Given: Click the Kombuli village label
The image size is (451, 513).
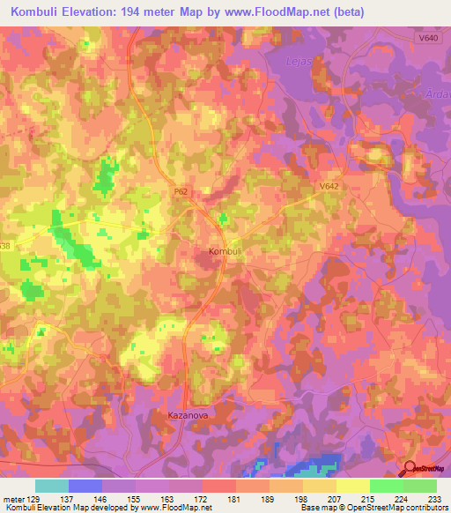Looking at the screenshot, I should (225, 251).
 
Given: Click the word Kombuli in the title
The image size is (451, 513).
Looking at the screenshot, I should (40, 11).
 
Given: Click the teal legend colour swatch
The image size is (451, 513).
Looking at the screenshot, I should (51, 486).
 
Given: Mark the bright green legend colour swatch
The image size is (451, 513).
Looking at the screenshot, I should (386, 486).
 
